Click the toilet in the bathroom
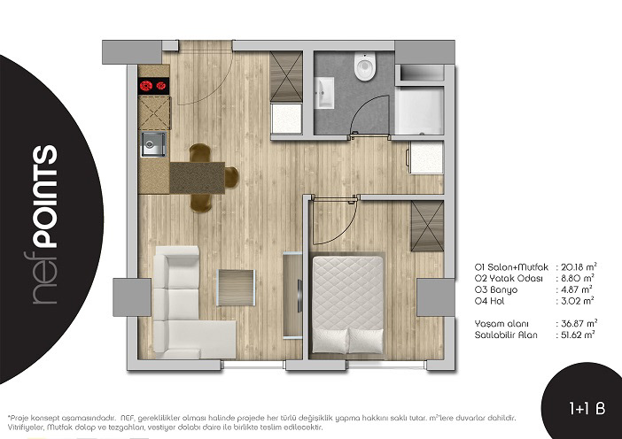[365, 66]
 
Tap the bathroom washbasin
[324, 93]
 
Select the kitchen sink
[153, 144]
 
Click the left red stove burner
[146, 85]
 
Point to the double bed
[347, 304]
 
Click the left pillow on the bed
[330, 340]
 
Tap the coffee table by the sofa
[236, 288]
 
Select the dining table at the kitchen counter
[198, 178]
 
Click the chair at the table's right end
[231, 178]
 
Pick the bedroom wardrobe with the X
[427, 226]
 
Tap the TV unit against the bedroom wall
[292, 295]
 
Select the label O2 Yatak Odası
[509, 278]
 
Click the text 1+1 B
[587, 408]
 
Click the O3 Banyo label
[496, 289]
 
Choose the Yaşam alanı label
[501, 324]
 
